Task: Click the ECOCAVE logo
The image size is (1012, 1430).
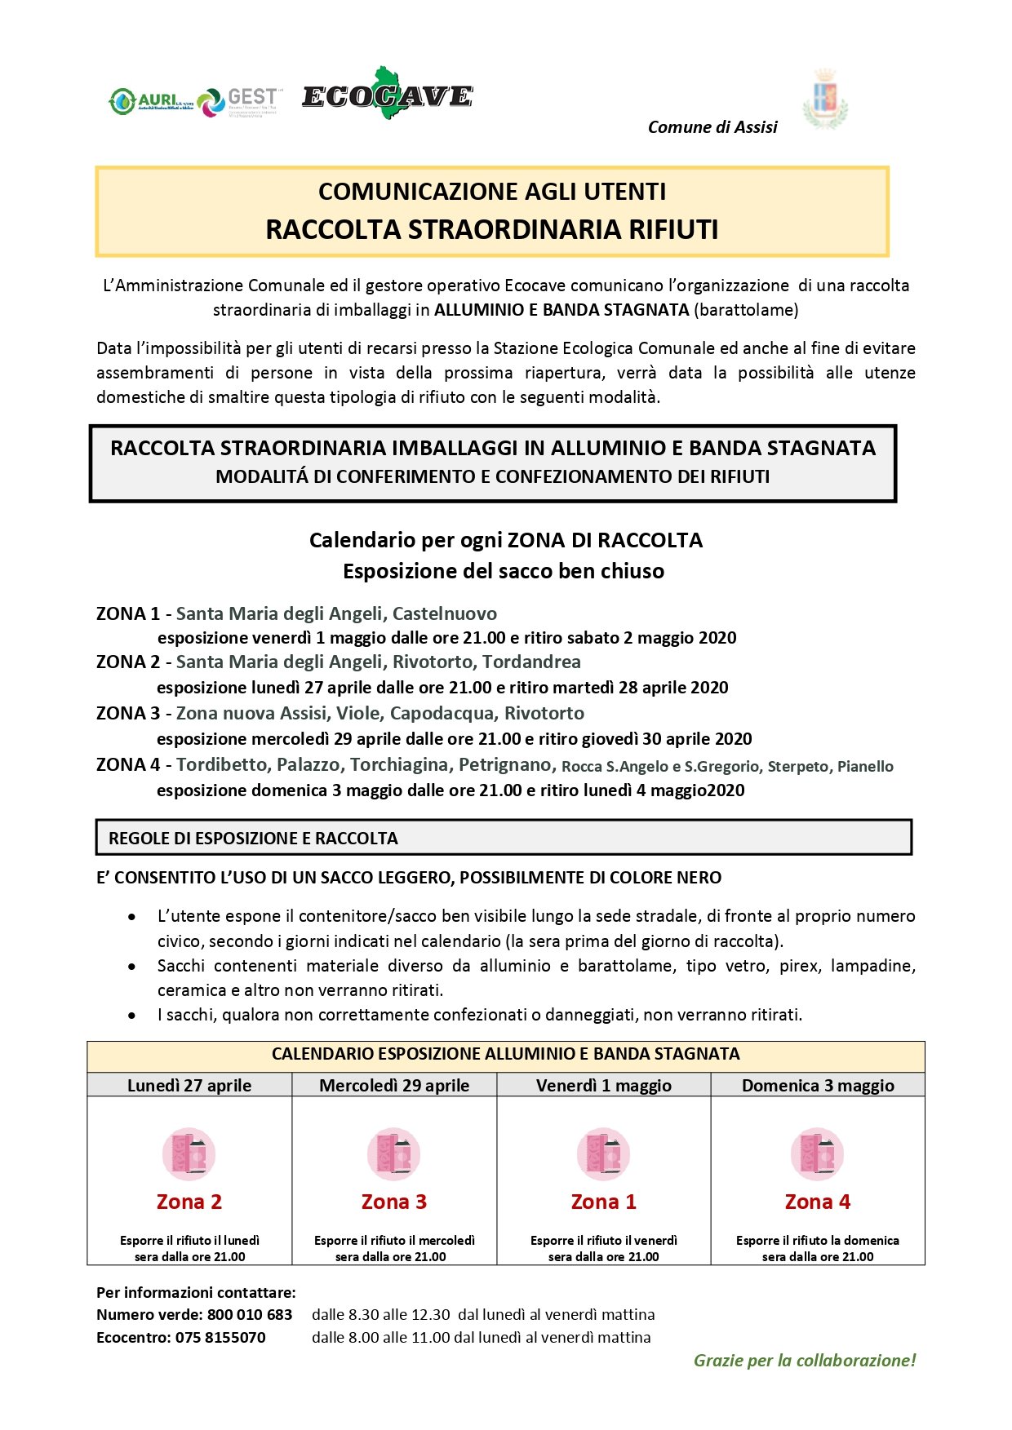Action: [x=387, y=95]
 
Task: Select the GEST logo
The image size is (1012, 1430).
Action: [x=238, y=102]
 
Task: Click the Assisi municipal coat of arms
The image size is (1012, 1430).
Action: [x=825, y=100]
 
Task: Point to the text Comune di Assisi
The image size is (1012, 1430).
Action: [x=712, y=127]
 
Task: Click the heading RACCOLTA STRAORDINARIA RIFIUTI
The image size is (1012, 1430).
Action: [x=491, y=229]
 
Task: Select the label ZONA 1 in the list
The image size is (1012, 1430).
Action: [x=128, y=613]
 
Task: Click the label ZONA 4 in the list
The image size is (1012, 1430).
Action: [x=128, y=764]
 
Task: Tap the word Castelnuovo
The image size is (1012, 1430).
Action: [x=445, y=613]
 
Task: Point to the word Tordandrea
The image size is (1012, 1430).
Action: [x=531, y=662]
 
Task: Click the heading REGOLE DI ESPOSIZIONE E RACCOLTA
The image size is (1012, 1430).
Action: [x=253, y=838]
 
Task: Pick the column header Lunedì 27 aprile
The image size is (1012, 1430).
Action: [x=189, y=1085]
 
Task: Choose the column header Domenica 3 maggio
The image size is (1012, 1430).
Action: [x=818, y=1085]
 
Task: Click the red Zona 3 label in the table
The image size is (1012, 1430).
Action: [x=394, y=1202]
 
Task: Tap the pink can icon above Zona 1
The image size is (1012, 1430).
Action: [x=604, y=1154]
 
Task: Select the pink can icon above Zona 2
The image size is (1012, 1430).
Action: [x=189, y=1154]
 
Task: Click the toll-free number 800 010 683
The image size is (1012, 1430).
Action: [x=250, y=1314]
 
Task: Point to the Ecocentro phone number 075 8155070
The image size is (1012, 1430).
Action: [x=220, y=1337]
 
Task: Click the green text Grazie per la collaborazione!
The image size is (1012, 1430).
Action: [x=805, y=1360]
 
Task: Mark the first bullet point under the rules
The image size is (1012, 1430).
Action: [x=132, y=917]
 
